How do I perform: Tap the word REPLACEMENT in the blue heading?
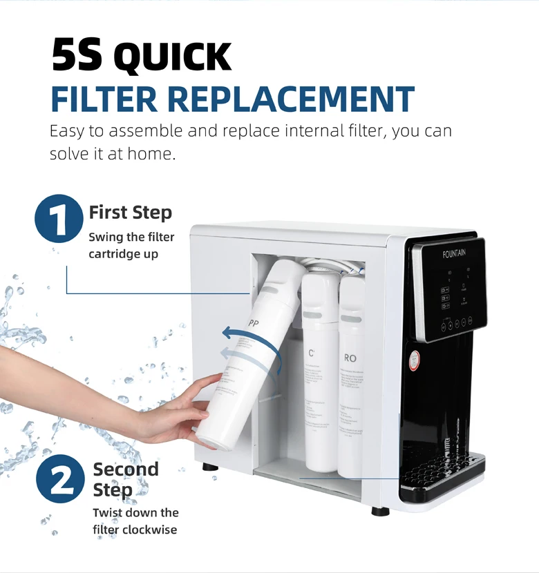[290, 99]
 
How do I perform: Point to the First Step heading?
[130, 212]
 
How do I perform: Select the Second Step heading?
[125, 479]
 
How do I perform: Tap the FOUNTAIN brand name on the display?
[454, 253]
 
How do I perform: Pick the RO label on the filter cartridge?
[350, 358]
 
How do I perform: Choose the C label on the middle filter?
[312, 353]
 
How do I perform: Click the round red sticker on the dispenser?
[413, 360]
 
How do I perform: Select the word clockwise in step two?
[149, 530]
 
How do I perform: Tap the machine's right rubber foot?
[379, 511]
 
